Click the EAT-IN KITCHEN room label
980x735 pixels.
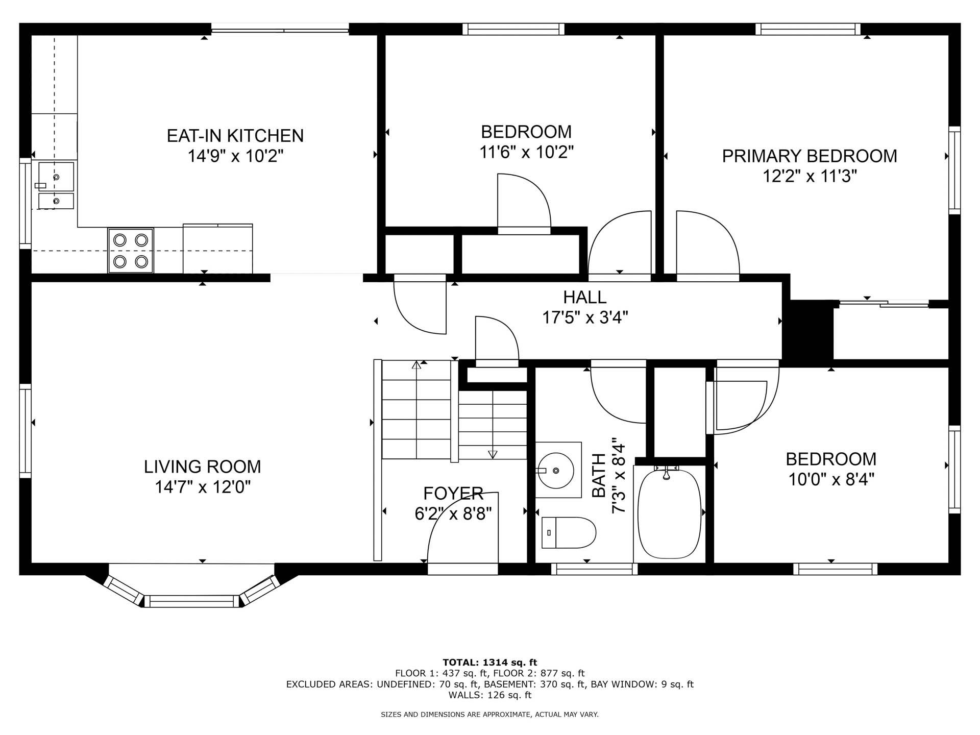coord(235,136)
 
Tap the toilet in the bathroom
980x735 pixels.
coord(569,533)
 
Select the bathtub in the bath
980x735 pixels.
coord(669,513)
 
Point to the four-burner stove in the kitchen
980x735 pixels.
coord(131,251)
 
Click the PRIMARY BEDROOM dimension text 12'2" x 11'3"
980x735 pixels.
coord(810,177)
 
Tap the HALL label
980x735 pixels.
coord(584,297)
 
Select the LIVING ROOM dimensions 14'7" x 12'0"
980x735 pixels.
coord(203,487)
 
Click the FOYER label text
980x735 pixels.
coord(453,493)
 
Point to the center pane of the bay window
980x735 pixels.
coord(192,601)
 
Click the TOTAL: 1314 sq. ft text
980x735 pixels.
coord(489,663)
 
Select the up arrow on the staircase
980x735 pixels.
coord(416,365)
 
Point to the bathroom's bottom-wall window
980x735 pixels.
coord(594,569)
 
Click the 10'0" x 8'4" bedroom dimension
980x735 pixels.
coord(831,480)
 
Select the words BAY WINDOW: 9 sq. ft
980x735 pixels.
coord(642,684)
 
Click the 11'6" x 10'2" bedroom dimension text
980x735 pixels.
coord(526,152)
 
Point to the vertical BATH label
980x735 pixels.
coord(598,475)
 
